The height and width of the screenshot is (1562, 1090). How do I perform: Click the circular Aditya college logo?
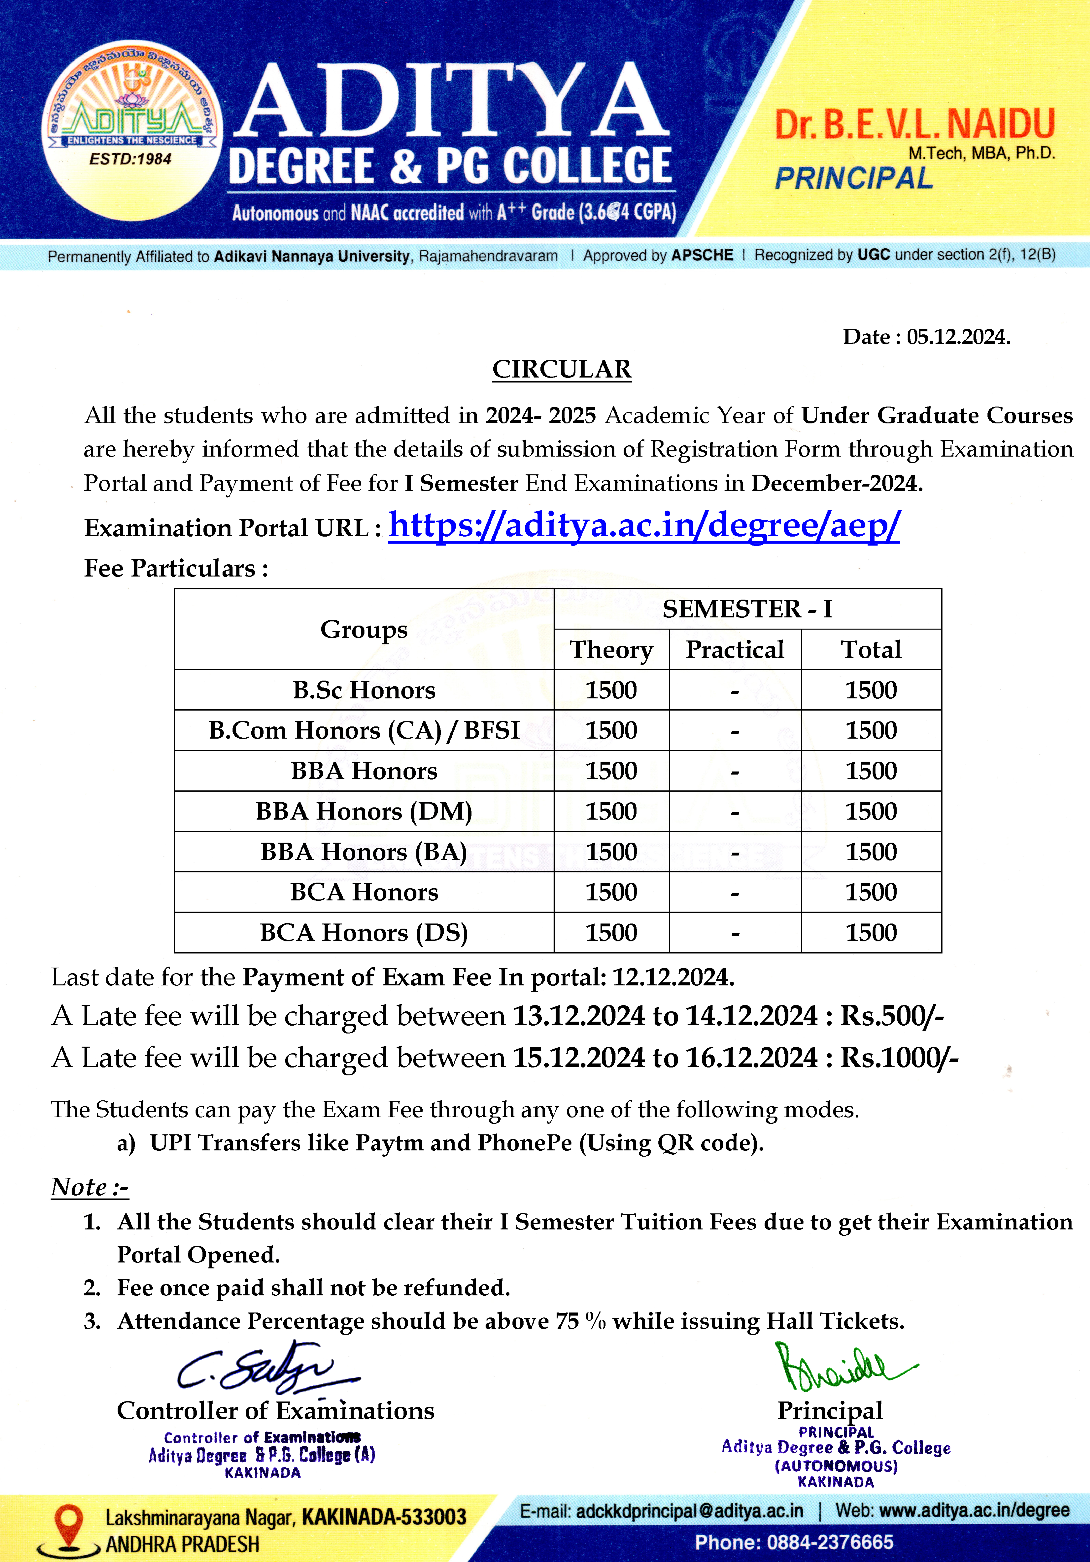point(131,131)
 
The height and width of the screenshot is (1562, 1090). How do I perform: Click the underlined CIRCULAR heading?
point(562,369)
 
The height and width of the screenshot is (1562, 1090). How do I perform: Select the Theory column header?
point(611,650)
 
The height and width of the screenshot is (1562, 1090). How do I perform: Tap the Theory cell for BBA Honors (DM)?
point(611,811)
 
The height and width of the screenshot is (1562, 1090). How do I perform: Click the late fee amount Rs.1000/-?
point(899,1058)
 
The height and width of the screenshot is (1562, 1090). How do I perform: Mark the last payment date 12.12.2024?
point(673,978)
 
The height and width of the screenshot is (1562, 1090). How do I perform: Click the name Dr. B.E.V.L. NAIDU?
point(915,124)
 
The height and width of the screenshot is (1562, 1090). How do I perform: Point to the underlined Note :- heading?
point(89,1187)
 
